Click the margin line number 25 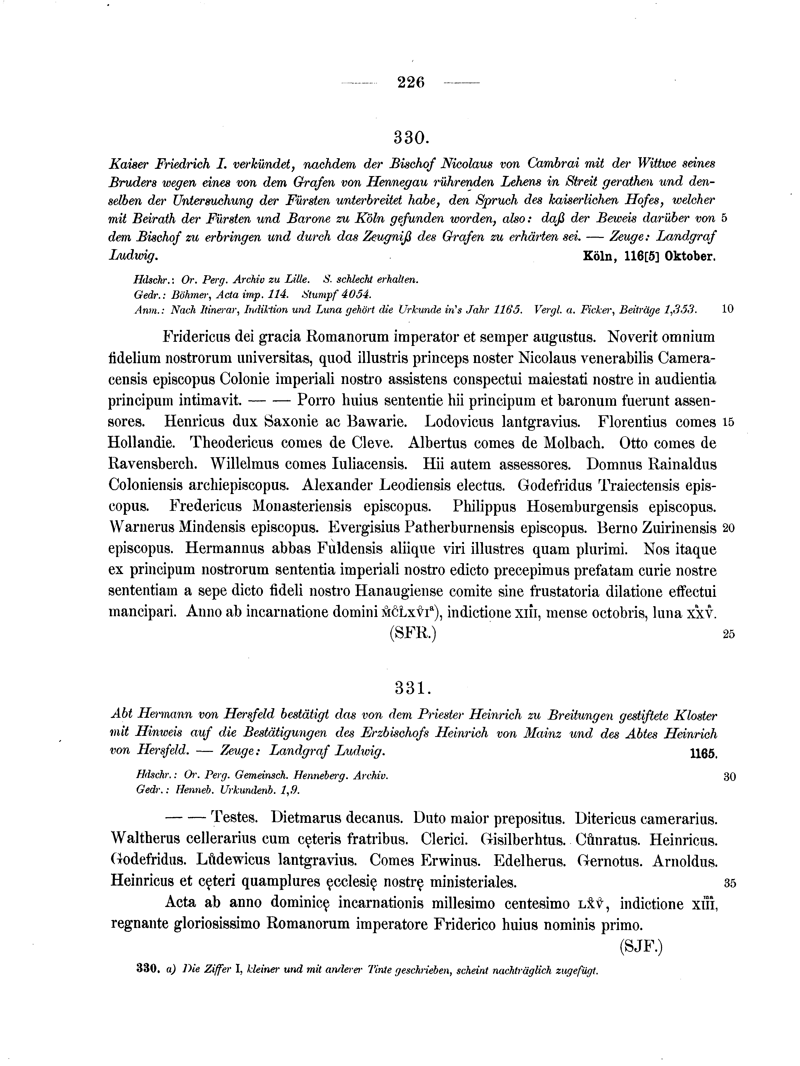[729, 634]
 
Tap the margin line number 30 [729, 776]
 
